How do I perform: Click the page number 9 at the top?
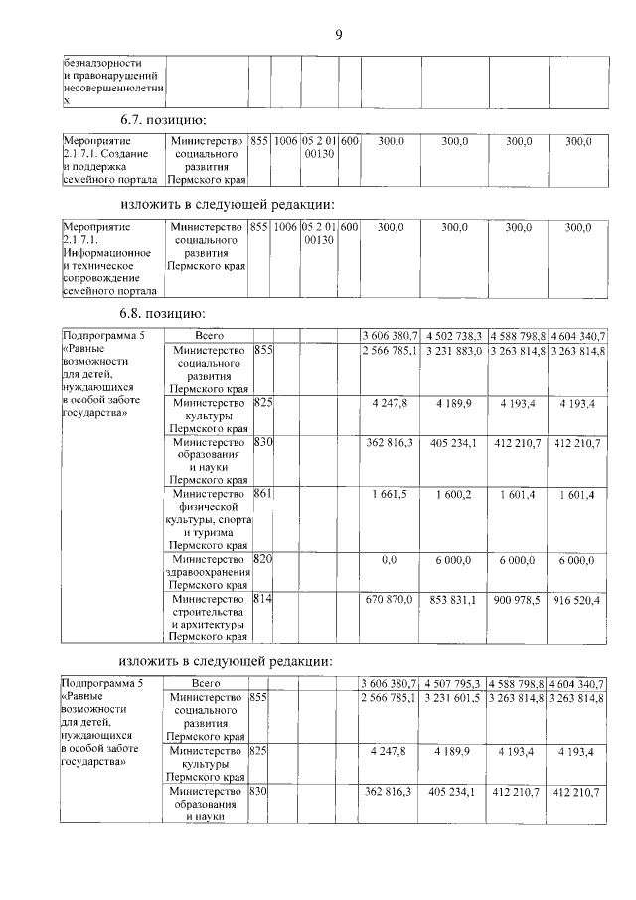tap(338, 36)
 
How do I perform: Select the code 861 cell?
tap(262, 493)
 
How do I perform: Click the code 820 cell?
tap(262, 559)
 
